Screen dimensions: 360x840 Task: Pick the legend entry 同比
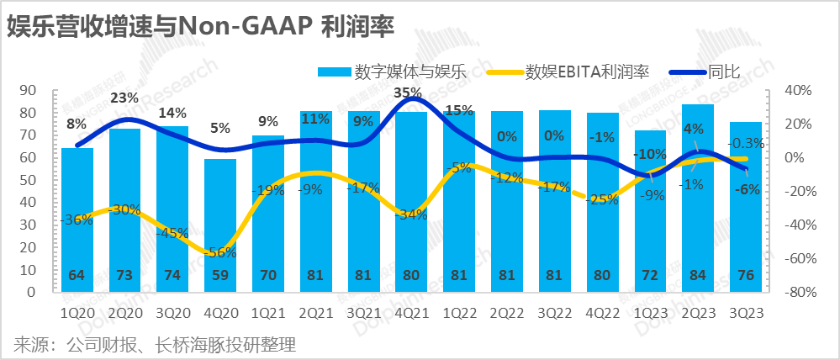[724, 72]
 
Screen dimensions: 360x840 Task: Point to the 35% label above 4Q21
[407, 93]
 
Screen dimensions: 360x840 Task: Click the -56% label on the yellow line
[220, 251]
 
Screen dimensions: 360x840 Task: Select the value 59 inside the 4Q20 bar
[220, 275]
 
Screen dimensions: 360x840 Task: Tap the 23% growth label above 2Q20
[124, 98]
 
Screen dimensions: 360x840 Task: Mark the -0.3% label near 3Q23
[745, 143]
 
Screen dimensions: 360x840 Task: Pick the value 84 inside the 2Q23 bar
[697, 275]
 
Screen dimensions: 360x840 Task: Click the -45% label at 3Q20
[172, 233]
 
